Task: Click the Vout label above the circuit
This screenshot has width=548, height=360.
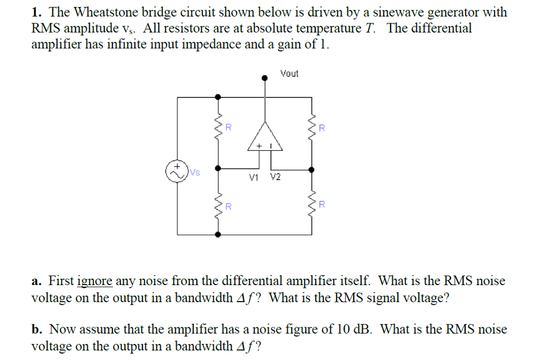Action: [290, 73]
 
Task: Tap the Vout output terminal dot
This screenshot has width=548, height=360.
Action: [264, 78]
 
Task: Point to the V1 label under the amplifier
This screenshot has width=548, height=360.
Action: [254, 178]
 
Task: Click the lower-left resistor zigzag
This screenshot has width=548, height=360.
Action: [218, 205]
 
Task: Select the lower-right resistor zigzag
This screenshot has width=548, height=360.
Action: [311, 205]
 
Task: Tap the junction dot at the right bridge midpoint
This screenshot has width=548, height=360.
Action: [311, 169]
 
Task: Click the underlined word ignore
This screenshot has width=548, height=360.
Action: [95, 281]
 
